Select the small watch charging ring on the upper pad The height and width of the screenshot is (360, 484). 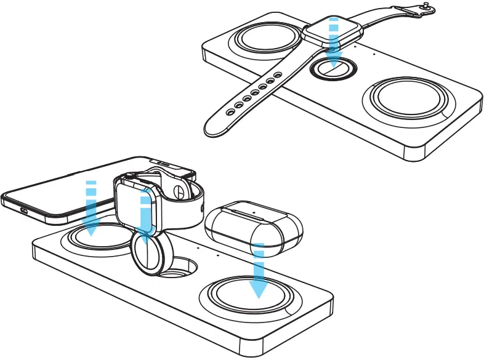point(333,68)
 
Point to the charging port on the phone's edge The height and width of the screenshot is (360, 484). point(23,209)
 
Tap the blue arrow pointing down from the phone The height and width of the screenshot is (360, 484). point(91,209)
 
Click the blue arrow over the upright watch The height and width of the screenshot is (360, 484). point(145,218)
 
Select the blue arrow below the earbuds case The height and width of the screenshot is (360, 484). point(259,271)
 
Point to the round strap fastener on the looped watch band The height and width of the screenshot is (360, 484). point(178,191)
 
